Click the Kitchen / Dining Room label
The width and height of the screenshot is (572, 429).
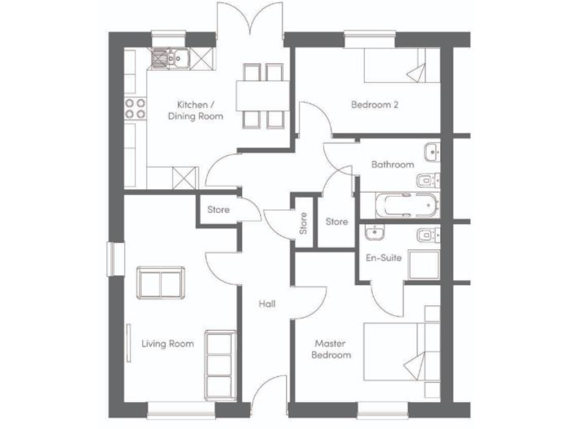pyautogui.click(x=195, y=110)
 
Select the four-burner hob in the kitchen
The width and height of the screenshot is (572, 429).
pyautogui.click(x=135, y=109)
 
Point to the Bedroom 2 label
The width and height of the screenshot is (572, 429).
pyautogui.click(x=375, y=105)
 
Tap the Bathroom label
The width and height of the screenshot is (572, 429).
pyautogui.click(x=392, y=165)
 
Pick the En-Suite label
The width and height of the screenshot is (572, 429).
pyautogui.click(x=384, y=258)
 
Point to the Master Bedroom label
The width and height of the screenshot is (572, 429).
pyautogui.click(x=332, y=349)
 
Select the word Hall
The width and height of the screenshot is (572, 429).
pyautogui.click(x=267, y=304)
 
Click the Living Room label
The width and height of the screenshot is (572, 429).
pyautogui.click(x=168, y=343)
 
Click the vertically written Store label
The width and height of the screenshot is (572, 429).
pyautogui.click(x=303, y=223)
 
